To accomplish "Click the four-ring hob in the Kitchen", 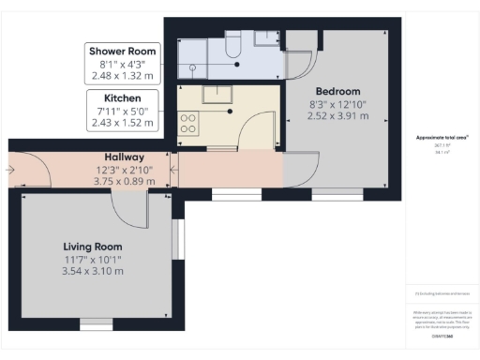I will point(187,123).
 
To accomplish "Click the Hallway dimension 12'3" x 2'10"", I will point(123,170).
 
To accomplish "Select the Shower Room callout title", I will point(122,51).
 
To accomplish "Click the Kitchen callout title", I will point(122,97).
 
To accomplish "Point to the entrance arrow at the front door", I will point(8,170).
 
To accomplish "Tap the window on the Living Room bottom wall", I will point(94,323).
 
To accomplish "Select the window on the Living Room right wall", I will point(178,239).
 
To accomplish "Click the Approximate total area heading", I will point(442,139).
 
